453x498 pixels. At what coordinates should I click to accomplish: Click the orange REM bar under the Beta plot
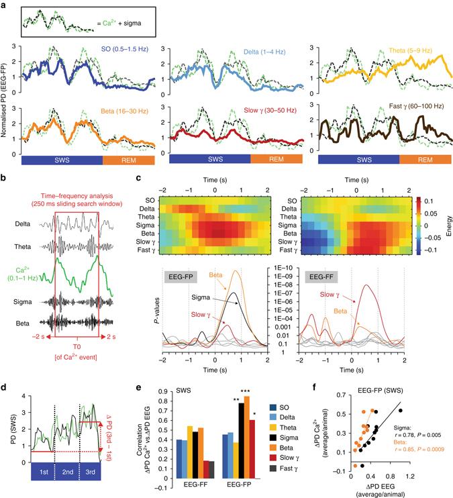(x=128, y=160)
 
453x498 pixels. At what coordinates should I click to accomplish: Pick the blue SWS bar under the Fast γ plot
(x=358, y=160)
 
